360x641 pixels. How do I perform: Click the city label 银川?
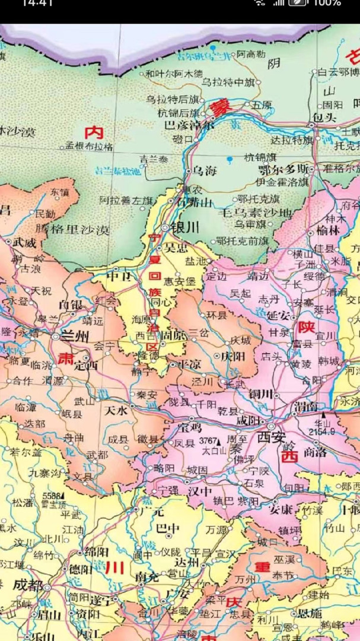(185, 228)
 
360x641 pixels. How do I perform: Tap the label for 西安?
(271, 438)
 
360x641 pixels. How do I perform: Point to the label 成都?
(28, 585)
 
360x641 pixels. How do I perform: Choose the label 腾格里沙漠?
(72, 230)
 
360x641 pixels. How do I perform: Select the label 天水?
(116, 410)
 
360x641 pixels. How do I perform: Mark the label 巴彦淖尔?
(189, 125)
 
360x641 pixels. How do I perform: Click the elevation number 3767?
(209, 441)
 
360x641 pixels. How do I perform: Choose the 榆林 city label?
(329, 230)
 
